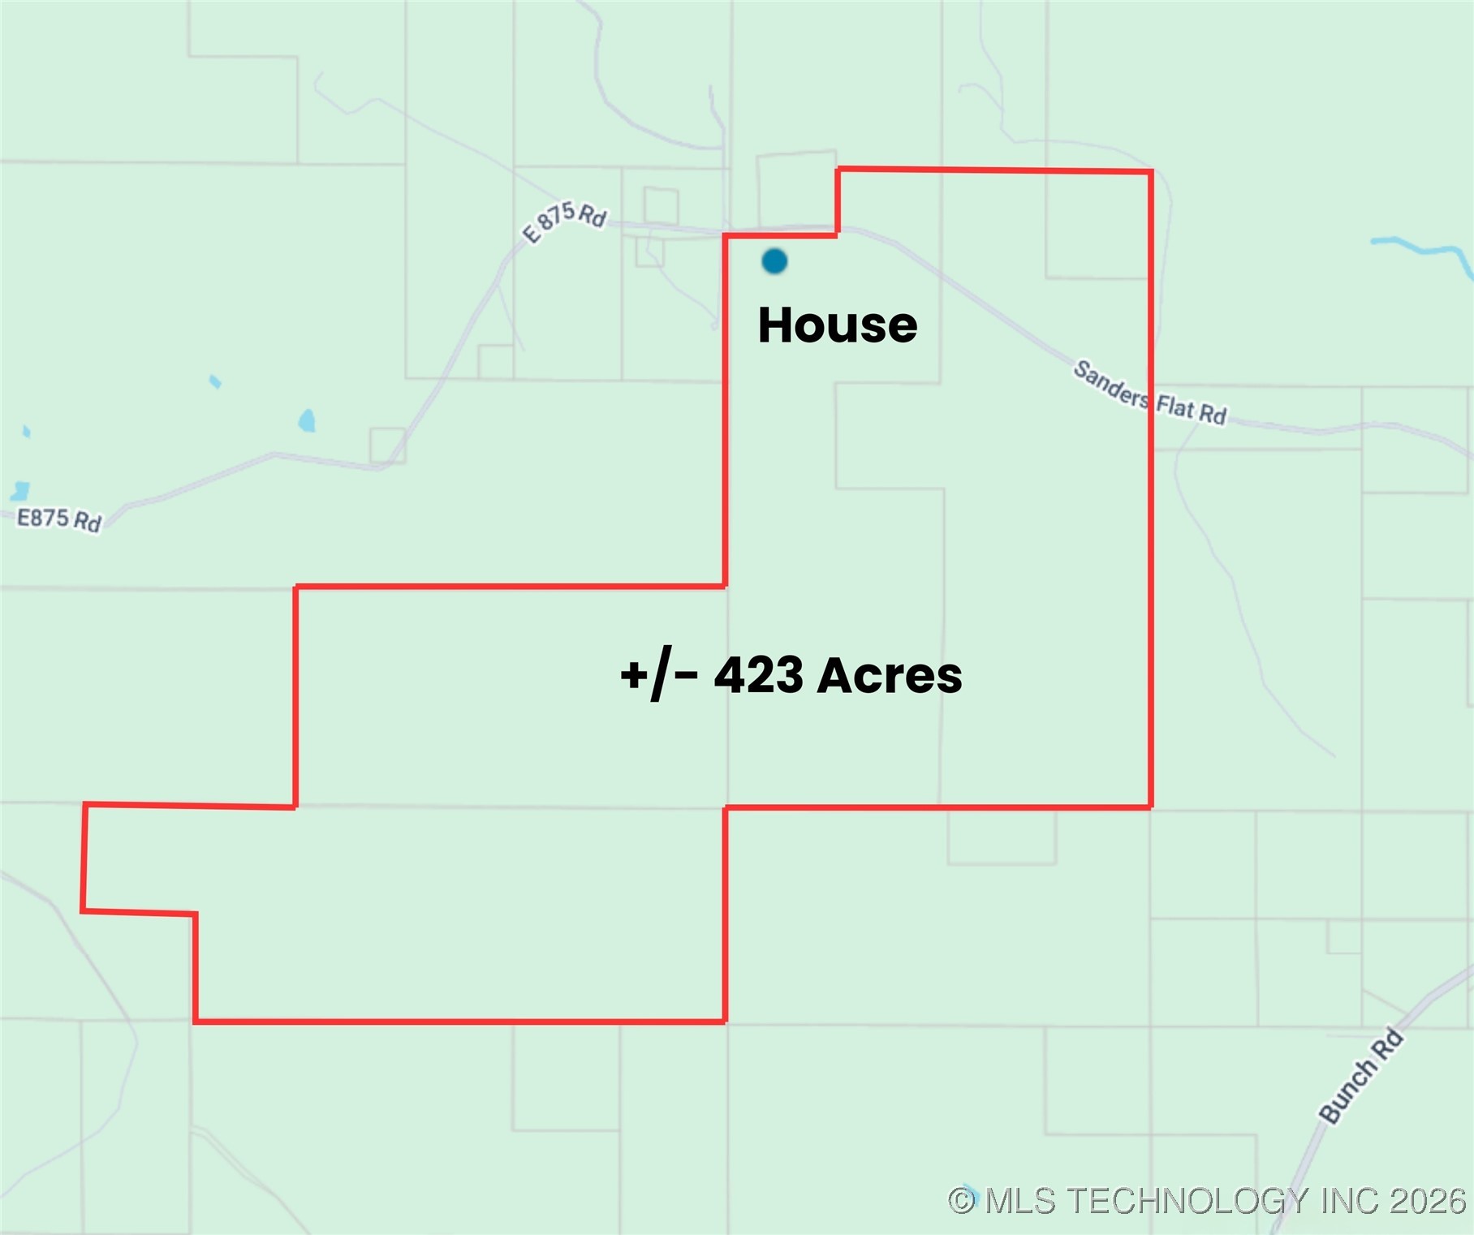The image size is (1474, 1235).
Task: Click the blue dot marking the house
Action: pyautogui.click(x=774, y=261)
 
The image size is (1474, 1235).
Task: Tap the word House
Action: pyautogui.click(x=837, y=325)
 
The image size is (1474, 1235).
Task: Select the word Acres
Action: pyautogui.click(x=890, y=675)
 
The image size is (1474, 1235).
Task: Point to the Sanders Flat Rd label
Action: pyautogui.click(x=1149, y=394)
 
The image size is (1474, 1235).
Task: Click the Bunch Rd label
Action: pyautogui.click(x=1361, y=1077)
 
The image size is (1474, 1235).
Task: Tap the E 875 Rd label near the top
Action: pyautogui.click(x=565, y=221)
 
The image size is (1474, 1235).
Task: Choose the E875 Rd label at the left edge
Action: pyautogui.click(x=59, y=519)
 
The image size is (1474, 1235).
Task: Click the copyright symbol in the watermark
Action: pyautogui.click(x=962, y=1201)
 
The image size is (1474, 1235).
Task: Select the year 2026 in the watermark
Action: pyautogui.click(x=1427, y=1201)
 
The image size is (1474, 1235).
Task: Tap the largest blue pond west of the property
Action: pyautogui.click(x=307, y=420)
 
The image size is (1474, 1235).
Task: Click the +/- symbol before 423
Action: pyautogui.click(x=658, y=675)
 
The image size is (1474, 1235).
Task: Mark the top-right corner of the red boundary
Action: pyautogui.click(x=1151, y=172)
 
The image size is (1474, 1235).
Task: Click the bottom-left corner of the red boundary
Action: pyautogui.click(x=196, y=1021)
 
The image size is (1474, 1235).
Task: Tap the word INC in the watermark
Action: pyautogui.click(x=1350, y=1201)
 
